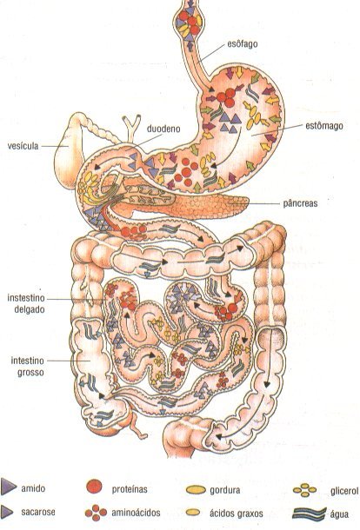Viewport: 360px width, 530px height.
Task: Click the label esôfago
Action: click(x=243, y=44)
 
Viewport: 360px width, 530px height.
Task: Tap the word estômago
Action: click(x=324, y=126)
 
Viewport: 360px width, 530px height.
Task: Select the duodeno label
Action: click(x=163, y=129)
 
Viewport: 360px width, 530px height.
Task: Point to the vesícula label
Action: click(x=23, y=146)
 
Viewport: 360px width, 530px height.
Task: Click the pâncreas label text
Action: click(x=300, y=203)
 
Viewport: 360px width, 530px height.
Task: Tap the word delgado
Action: click(x=30, y=309)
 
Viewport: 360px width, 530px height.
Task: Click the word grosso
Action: click(x=28, y=372)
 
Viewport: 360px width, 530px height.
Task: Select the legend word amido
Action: click(x=33, y=488)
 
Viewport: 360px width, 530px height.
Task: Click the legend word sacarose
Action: click(x=38, y=512)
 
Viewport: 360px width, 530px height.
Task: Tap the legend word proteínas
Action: click(x=130, y=489)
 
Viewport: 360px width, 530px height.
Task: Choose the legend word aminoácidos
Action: click(x=136, y=513)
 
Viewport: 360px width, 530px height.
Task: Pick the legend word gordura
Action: click(x=224, y=490)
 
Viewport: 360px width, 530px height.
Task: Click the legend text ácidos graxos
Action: click(x=237, y=513)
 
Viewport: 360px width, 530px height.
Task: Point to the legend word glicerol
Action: click(x=344, y=491)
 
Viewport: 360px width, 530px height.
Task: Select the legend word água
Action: click(x=339, y=514)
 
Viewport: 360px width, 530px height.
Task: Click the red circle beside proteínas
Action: click(x=94, y=487)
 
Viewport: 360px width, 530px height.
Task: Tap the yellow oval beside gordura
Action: click(x=196, y=489)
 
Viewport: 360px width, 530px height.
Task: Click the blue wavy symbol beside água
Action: click(x=310, y=513)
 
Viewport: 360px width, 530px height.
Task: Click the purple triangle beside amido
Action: click(x=8, y=487)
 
